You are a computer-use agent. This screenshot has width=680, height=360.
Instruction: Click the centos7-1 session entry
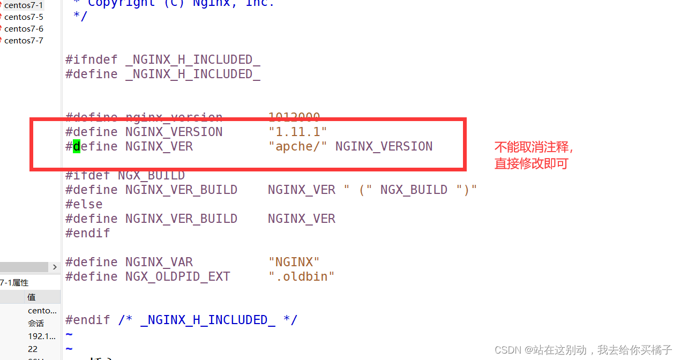tap(23, 5)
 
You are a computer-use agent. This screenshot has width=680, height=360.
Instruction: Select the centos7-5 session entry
tap(24, 17)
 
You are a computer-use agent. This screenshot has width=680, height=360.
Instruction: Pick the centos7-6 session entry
tap(24, 29)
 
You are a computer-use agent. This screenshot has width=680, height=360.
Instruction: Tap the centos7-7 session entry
tap(24, 41)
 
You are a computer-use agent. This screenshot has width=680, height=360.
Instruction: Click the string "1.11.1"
tap(297, 132)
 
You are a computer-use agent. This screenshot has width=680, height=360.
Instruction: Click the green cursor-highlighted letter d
tap(77, 146)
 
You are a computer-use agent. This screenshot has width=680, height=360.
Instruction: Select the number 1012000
tap(294, 117)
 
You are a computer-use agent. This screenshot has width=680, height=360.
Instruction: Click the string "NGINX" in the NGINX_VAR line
tap(294, 262)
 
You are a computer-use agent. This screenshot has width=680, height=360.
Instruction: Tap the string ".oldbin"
tap(301, 276)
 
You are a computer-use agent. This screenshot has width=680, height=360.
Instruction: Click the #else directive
tap(84, 204)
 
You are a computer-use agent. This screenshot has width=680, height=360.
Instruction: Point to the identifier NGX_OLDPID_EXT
tap(177, 276)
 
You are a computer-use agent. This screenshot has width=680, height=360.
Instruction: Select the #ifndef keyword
tap(91, 59)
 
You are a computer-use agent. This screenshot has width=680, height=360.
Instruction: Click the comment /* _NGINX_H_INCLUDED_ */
tap(207, 320)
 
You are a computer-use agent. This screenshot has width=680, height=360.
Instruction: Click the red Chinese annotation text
tap(533, 155)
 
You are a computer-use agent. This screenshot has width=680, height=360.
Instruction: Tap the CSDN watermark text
tap(583, 350)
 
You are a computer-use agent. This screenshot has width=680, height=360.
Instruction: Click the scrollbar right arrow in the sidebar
tap(55, 267)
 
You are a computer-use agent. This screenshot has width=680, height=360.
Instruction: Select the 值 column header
tap(31, 297)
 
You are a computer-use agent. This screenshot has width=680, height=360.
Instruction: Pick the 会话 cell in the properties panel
tap(36, 323)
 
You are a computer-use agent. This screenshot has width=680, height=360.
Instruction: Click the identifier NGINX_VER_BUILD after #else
tap(181, 219)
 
